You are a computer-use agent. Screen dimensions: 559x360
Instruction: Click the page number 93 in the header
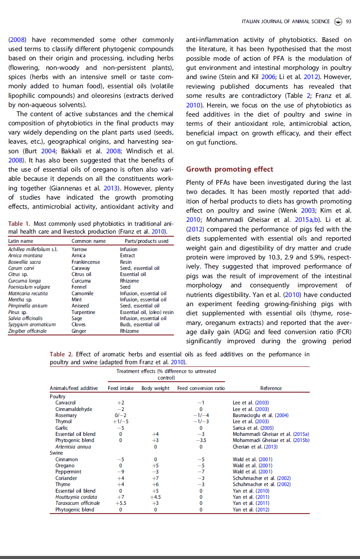coord(349,21)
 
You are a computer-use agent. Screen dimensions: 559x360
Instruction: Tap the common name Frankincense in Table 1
coord(86,262)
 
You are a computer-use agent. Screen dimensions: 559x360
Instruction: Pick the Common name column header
coord(89,241)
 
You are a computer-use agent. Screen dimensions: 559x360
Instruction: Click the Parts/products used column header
coord(146,241)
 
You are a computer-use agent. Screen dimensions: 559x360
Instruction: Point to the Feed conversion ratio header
coord(201,388)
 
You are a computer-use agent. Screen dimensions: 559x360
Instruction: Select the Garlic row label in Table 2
coord(62,428)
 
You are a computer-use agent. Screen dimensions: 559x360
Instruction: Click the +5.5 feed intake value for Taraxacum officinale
coord(121,503)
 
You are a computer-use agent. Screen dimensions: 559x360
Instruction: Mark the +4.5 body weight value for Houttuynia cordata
coord(156,497)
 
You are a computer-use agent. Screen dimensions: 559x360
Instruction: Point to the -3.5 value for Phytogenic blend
coord(201,441)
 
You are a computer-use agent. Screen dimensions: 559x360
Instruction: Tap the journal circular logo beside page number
coord(338,21)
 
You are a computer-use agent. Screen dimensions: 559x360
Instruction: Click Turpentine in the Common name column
coord(83,312)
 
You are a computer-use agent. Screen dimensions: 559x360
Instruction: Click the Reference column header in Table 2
coord(271,388)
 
